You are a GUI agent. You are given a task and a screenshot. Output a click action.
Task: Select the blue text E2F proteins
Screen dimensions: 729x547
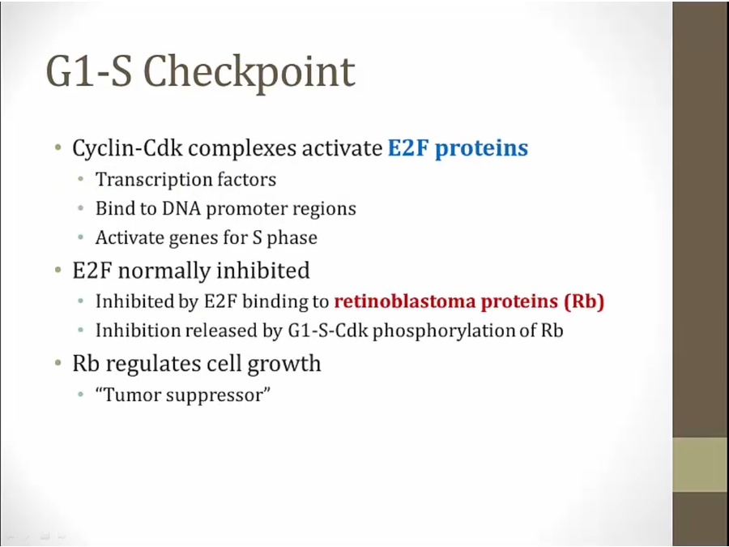pyautogui.click(x=458, y=148)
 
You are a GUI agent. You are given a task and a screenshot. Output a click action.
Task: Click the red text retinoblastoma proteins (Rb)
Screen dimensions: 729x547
pyautogui.click(x=469, y=302)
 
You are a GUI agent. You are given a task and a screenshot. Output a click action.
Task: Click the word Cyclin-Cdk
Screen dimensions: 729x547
pyautogui.click(x=128, y=149)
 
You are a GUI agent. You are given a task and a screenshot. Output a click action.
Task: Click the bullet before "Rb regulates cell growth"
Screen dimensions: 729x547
pyautogui.click(x=58, y=363)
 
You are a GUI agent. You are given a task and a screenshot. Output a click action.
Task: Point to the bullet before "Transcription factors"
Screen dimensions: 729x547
pyautogui.click(x=81, y=179)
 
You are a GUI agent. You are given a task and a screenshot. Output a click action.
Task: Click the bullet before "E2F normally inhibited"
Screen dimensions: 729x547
pyautogui.click(x=58, y=270)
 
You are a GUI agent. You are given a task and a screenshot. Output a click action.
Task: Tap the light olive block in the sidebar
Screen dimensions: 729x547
pyautogui.click(x=701, y=464)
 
